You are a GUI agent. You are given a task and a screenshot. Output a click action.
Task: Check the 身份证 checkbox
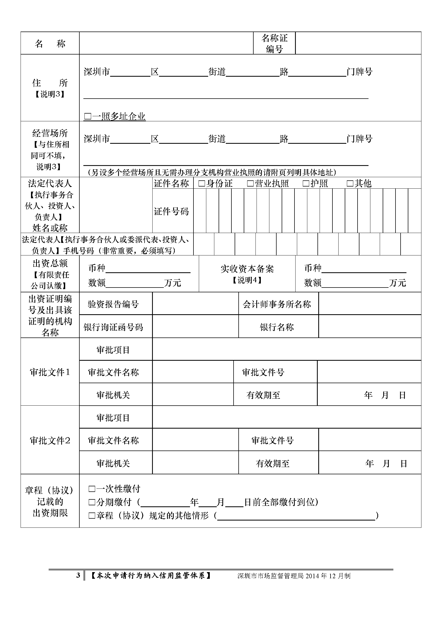tap(202, 184)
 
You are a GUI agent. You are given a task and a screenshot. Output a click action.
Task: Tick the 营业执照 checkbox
tap(250, 184)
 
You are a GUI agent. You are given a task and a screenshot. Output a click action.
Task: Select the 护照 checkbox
tap(306, 184)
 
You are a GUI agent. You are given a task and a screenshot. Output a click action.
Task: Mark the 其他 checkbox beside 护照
tap(350, 184)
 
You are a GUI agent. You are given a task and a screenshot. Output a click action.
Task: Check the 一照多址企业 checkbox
tap(88, 117)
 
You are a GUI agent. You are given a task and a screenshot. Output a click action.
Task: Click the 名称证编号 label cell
tap(274, 44)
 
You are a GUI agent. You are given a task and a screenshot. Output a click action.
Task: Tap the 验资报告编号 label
tap(113, 304)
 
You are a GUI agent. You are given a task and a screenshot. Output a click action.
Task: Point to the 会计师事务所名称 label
tap(277, 304)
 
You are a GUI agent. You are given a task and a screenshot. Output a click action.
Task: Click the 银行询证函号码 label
tap(113, 327)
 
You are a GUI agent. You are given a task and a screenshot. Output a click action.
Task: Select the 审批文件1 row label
tap(50, 372)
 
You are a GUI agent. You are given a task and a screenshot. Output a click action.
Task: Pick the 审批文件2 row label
tap(50, 440)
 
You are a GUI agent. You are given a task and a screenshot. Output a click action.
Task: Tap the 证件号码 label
tap(172, 211)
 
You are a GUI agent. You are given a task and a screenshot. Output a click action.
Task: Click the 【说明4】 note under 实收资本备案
tap(247, 280)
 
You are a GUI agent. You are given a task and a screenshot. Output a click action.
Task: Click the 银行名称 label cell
tap(277, 327)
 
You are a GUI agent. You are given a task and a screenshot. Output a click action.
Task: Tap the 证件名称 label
tap(172, 184)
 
